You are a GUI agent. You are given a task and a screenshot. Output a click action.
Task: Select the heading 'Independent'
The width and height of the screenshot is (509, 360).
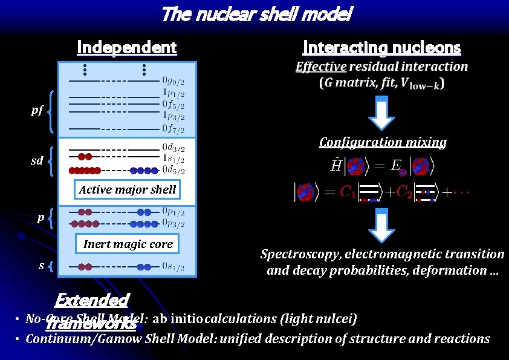126,47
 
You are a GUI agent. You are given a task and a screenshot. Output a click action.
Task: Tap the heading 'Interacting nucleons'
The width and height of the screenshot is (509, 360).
381,47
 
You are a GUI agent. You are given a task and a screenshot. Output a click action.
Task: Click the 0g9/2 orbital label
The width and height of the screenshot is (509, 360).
173,80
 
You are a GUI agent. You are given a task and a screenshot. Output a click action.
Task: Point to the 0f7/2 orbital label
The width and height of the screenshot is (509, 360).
173,128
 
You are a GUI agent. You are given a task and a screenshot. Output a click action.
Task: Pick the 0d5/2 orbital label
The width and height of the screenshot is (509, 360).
173,170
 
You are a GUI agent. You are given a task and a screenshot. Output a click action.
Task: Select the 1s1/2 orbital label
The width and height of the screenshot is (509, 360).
173,158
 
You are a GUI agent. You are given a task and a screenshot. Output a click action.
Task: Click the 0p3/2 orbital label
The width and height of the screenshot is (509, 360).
173,223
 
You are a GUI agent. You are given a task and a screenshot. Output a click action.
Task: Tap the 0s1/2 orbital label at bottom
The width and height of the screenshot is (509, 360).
173,267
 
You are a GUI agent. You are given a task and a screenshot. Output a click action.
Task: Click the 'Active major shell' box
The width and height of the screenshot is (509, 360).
128,189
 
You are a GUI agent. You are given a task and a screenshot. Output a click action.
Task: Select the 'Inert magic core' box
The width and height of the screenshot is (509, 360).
128,244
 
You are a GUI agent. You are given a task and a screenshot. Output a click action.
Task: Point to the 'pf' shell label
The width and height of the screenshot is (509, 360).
37,110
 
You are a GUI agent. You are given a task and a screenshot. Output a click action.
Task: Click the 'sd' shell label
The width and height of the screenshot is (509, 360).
37,160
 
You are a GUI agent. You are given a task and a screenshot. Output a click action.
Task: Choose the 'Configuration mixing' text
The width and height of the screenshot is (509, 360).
383,142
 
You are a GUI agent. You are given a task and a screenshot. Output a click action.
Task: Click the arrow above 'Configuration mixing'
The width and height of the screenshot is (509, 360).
381,113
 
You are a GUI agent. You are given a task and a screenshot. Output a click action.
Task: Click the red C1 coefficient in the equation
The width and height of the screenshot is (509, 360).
347,192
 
